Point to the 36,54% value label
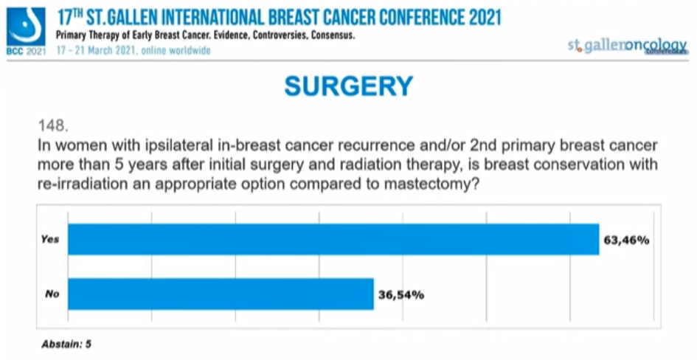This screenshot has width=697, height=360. click(x=400, y=295)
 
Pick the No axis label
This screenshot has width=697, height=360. click(x=52, y=294)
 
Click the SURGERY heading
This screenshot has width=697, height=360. click(x=348, y=87)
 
